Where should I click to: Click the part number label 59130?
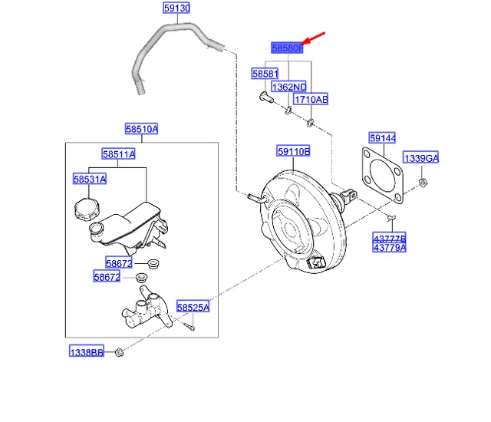[x=176, y=9]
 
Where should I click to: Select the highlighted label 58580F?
[x=288, y=48]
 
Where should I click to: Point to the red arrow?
[x=315, y=38]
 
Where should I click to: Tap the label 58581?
[x=265, y=74]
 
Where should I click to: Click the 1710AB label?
[x=311, y=100]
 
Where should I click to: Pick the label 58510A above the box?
[x=141, y=129]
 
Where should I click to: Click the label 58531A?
[x=90, y=179]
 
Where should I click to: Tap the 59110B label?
[x=294, y=152]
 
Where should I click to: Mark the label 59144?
[x=382, y=139]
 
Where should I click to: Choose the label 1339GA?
[x=421, y=158]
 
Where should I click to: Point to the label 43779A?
[x=390, y=247]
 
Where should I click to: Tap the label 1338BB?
[x=85, y=351]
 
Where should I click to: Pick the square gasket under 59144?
[x=382, y=177]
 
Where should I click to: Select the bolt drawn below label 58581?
[x=264, y=97]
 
